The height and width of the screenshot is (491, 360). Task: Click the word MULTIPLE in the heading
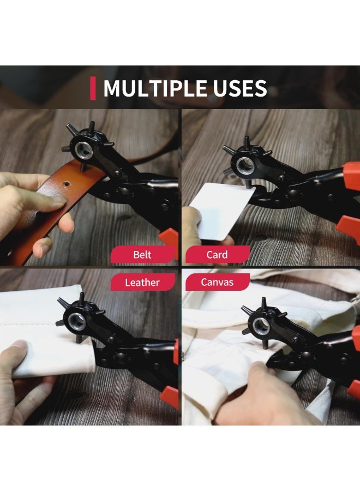point(155,88)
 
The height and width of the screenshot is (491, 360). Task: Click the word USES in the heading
point(240,88)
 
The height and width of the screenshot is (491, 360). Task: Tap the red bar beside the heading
point(93,88)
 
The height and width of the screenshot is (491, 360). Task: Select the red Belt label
point(143,254)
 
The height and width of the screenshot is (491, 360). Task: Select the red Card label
point(218,254)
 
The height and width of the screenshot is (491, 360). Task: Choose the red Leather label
point(143,282)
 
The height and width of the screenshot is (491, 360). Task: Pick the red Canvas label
point(218,282)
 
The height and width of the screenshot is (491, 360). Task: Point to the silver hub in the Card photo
point(244,164)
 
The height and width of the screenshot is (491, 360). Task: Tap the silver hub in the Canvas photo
point(260,326)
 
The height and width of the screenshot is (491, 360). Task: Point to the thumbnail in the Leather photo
point(20,345)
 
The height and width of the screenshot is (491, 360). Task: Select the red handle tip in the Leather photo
point(170,397)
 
